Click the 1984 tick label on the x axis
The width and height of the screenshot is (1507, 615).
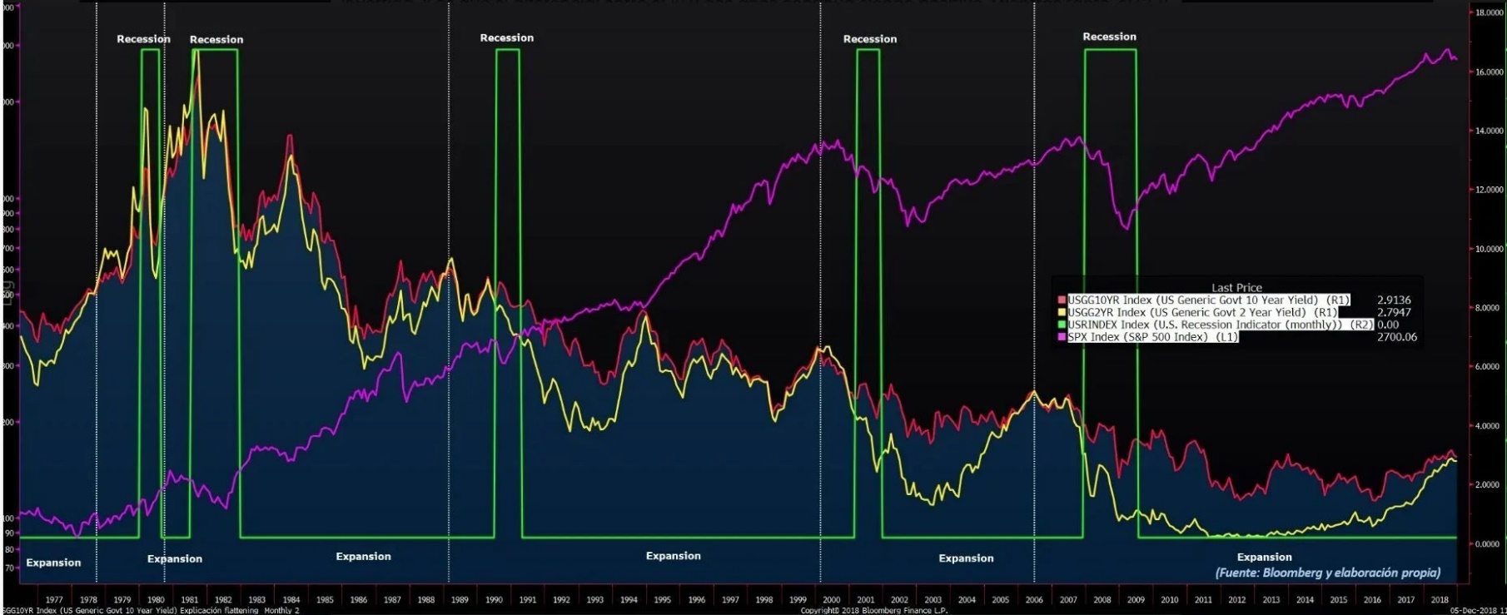click(291, 599)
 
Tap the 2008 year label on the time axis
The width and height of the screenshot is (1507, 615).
click(1102, 599)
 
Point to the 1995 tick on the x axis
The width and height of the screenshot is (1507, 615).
click(662, 599)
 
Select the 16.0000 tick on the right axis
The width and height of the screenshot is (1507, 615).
click(1489, 72)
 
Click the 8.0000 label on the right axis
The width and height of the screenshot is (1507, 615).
click(1489, 308)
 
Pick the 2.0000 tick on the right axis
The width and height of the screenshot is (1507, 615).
click(1489, 484)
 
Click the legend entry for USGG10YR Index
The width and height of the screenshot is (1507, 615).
click(1208, 300)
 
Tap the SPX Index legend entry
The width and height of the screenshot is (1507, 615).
click(1153, 337)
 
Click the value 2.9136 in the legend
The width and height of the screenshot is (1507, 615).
click(1394, 300)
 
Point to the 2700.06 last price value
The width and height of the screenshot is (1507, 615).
click(1396, 337)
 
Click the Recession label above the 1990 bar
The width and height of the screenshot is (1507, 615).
click(506, 37)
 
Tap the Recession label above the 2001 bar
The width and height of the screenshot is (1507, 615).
click(869, 39)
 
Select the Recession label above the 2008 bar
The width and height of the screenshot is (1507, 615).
click(1109, 37)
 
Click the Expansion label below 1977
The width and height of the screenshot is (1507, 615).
click(53, 563)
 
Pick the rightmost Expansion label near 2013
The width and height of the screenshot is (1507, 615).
click(1264, 558)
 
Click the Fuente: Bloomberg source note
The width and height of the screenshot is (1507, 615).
click(1327, 573)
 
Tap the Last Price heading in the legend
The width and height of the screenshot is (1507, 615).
click(1236, 288)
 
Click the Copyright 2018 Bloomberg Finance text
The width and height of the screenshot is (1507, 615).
click(873, 611)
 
